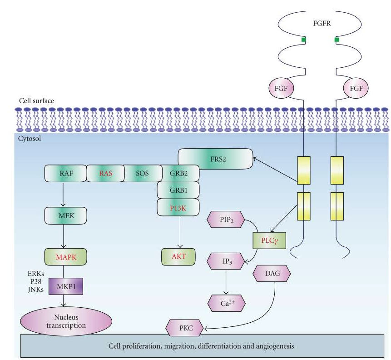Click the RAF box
coord(65,173)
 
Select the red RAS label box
coord(105,173)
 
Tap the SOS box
coord(143,173)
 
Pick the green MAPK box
coord(64,258)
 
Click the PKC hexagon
coord(183,327)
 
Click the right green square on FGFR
coord(337,40)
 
